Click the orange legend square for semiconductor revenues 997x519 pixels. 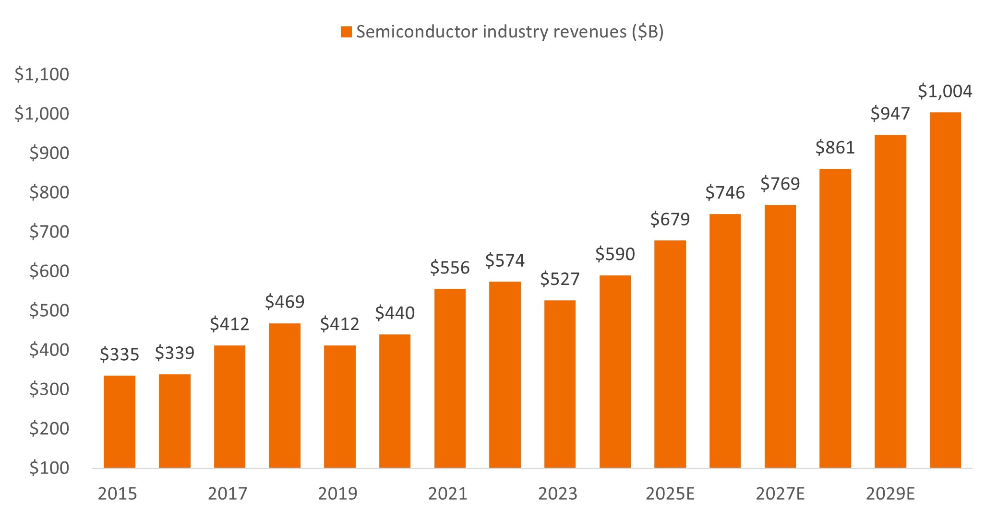click(346, 32)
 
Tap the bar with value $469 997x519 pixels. click(285, 395)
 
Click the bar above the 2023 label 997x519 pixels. click(560, 384)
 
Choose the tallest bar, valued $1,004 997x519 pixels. click(945, 290)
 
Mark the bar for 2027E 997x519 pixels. click(780, 336)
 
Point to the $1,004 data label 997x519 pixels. click(945, 91)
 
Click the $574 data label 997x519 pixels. click(505, 260)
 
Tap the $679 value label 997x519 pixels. click(670, 219)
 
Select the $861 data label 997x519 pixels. click(835, 148)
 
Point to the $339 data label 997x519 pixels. click(174, 353)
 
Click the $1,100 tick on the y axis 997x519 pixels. click(42, 74)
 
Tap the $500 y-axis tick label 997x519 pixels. click(49, 310)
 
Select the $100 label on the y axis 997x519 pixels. click(49, 468)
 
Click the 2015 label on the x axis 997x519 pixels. click(118, 494)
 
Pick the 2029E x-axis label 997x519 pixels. click(890, 494)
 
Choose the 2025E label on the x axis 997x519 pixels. click(670, 494)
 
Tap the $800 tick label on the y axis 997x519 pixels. click(49, 192)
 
